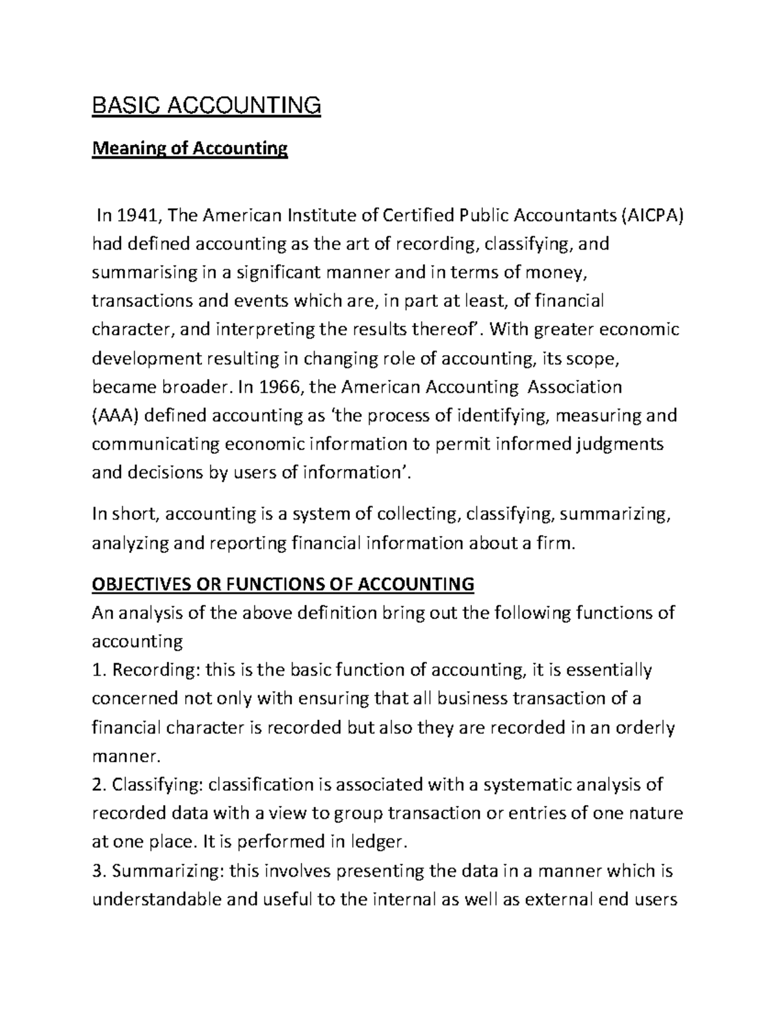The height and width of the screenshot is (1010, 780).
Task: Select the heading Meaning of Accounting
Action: coord(189,149)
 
